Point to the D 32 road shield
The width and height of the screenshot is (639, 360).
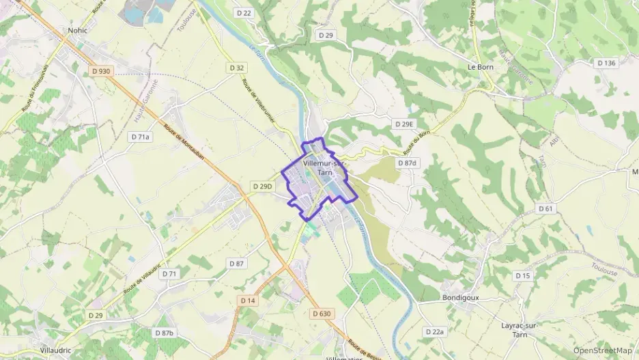point(237,68)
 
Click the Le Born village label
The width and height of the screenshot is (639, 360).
point(481,68)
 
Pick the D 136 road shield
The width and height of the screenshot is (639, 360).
point(606,63)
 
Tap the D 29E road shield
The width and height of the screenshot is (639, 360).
point(404,124)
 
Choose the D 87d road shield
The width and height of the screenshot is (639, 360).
point(407,163)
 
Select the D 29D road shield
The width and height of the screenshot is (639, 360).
point(262,186)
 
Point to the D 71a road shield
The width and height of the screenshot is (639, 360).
point(140,137)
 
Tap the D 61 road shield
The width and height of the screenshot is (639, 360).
point(545,208)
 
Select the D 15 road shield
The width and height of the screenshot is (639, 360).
point(523,276)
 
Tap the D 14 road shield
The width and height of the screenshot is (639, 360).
point(247,301)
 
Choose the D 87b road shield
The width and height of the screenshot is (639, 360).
point(164,333)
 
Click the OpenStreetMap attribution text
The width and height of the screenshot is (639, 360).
point(602,350)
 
